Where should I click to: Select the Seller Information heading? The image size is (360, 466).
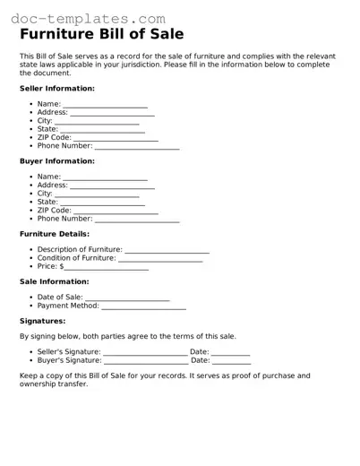click(56, 89)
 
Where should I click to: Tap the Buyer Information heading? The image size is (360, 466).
click(56, 161)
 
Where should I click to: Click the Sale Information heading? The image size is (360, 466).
click(54, 281)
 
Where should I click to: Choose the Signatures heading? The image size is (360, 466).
click(43, 320)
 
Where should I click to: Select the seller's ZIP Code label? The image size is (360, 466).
click(54, 137)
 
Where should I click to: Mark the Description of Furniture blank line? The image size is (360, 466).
click(167, 251)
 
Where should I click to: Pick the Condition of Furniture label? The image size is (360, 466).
click(77, 258)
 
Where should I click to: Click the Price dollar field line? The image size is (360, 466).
click(106, 268)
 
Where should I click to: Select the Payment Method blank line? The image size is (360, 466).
click(144, 306)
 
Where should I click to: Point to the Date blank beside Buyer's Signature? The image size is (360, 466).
click(231, 361)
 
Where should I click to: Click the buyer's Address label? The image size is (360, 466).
click(53, 186)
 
